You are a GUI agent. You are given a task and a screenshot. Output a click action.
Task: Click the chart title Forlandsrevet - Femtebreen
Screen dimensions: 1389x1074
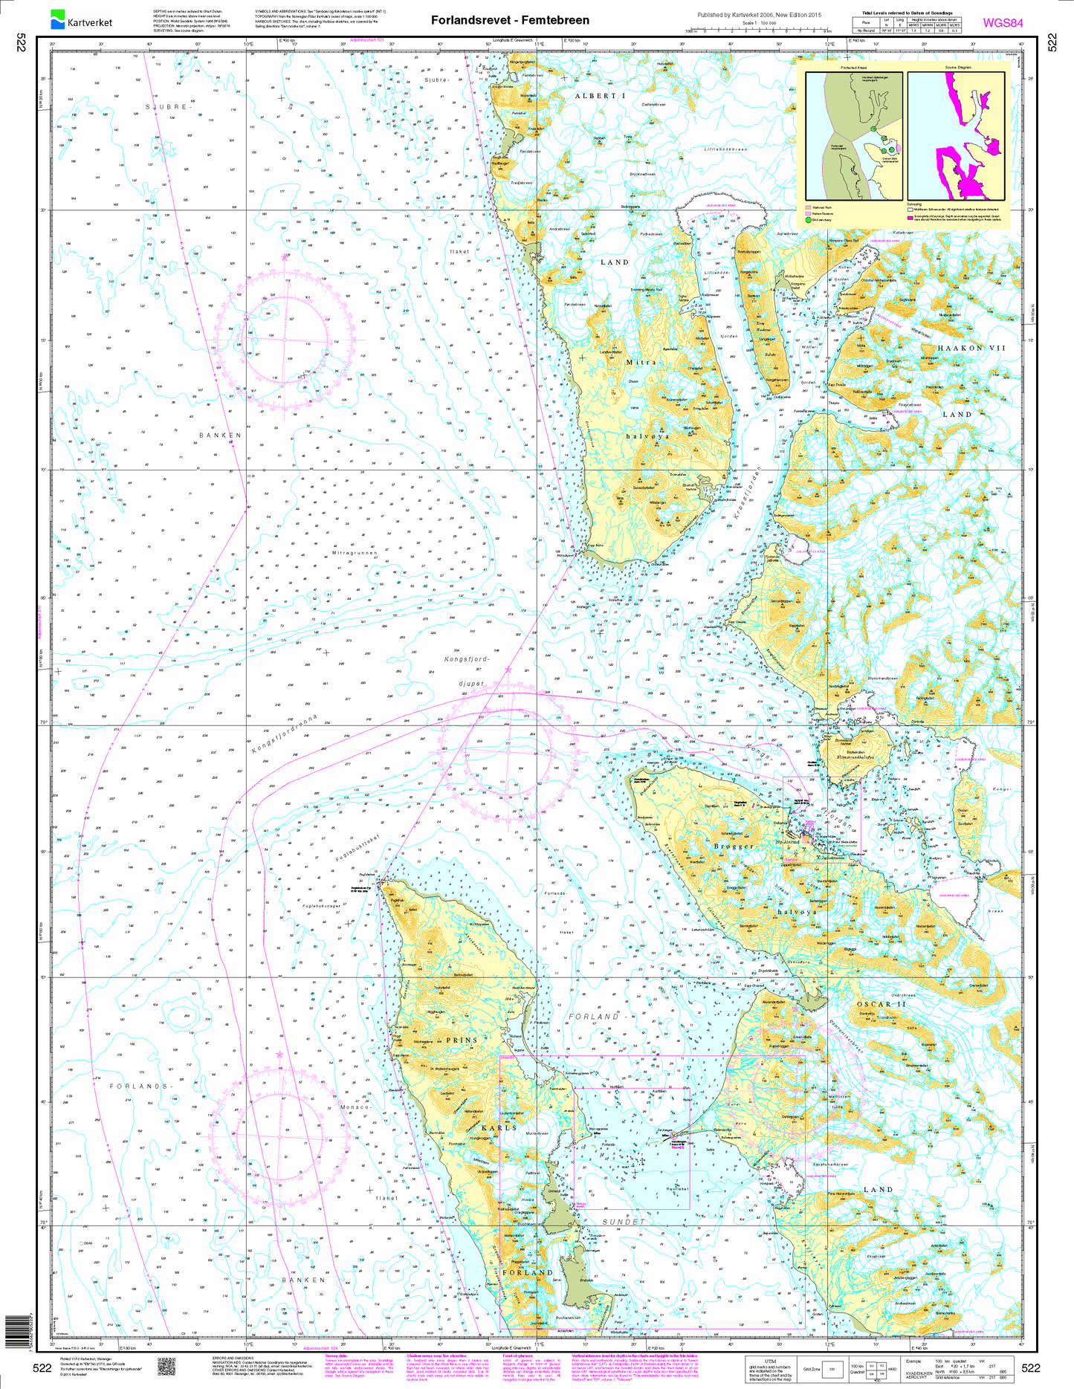coord(510,20)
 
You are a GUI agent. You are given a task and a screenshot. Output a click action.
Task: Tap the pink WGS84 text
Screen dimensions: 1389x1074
coord(1003,22)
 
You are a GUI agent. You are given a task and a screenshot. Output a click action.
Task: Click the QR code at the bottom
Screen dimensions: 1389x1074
coord(166,1366)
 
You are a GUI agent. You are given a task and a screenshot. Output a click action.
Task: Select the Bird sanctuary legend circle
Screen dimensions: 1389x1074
coord(808,220)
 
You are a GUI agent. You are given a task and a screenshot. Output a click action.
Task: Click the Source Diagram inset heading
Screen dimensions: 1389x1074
coord(957,67)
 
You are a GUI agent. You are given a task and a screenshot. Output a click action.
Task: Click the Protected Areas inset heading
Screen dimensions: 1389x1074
coord(853,67)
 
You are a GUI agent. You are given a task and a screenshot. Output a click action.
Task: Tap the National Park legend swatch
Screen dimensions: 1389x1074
coord(808,207)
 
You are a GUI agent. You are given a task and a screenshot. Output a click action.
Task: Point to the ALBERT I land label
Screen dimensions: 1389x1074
coord(601,96)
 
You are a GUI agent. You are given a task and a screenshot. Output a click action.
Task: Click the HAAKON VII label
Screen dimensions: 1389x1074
coord(970,348)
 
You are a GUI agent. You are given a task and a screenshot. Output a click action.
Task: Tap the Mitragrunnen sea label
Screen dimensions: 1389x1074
coord(355,553)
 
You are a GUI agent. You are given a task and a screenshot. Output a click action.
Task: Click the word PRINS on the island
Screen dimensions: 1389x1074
coord(462,1040)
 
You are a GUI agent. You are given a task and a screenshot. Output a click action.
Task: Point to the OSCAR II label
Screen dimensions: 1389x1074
coord(881,1004)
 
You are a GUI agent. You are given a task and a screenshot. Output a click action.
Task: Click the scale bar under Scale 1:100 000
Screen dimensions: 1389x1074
coord(758,30)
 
